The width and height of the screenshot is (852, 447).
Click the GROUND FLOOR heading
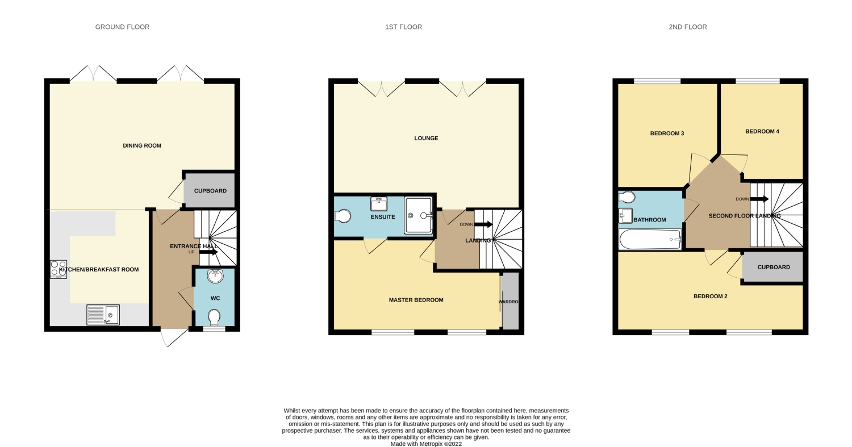(x=122, y=27)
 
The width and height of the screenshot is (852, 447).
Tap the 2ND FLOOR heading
(x=688, y=27)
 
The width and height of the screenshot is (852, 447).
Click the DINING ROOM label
(x=142, y=145)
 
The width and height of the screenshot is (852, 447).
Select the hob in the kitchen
(x=59, y=269)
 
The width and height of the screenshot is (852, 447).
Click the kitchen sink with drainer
(x=103, y=315)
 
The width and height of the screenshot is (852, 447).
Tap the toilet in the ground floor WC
(x=215, y=318)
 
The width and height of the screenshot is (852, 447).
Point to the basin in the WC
(x=215, y=276)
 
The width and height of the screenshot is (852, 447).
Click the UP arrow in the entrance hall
(x=208, y=252)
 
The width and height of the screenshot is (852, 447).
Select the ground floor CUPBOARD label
(x=210, y=191)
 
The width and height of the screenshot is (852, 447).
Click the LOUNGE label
(x=426, y=138)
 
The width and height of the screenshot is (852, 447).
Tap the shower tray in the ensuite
(x=419, y=215)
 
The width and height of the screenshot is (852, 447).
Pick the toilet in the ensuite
(x=343, y=216)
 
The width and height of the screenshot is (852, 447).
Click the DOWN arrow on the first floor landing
(x=483, y=224)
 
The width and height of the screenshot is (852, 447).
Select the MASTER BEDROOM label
(x=416, y=300)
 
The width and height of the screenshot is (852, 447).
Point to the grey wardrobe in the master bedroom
(x=510, y=301)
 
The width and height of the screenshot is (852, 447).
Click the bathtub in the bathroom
(x=650, y=239)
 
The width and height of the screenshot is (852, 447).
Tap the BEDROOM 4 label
(x=762, y=131)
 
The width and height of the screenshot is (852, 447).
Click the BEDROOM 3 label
(x=667, y=133)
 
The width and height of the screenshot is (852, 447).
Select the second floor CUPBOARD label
(x=774, y=267)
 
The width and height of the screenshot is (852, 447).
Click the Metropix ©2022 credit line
(x=426, y=444)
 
